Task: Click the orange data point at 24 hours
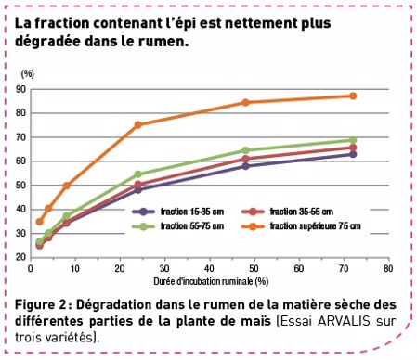click(137, 124)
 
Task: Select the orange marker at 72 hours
click(353, 96)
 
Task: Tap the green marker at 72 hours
click(353, 140)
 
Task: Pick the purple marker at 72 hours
click(353, 154)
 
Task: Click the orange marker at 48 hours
click(245, 102)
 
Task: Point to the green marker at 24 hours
click(137, 174)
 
